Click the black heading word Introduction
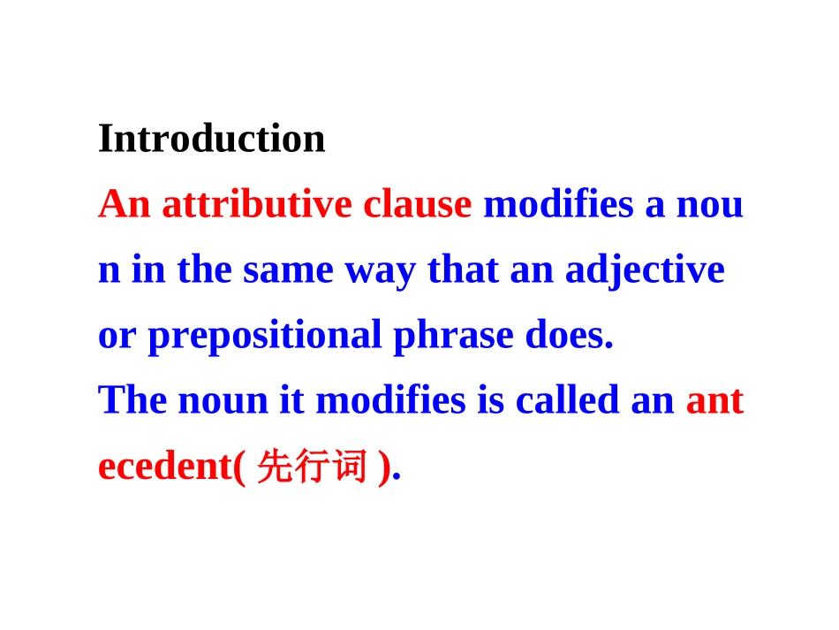pos(212,139)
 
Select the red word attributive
pos(256,205)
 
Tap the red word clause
pos(418,205)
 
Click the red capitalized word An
pos(124,205)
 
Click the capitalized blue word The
pos(133,401)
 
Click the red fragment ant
pos(714,401)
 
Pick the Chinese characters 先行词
pos(310,467)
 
